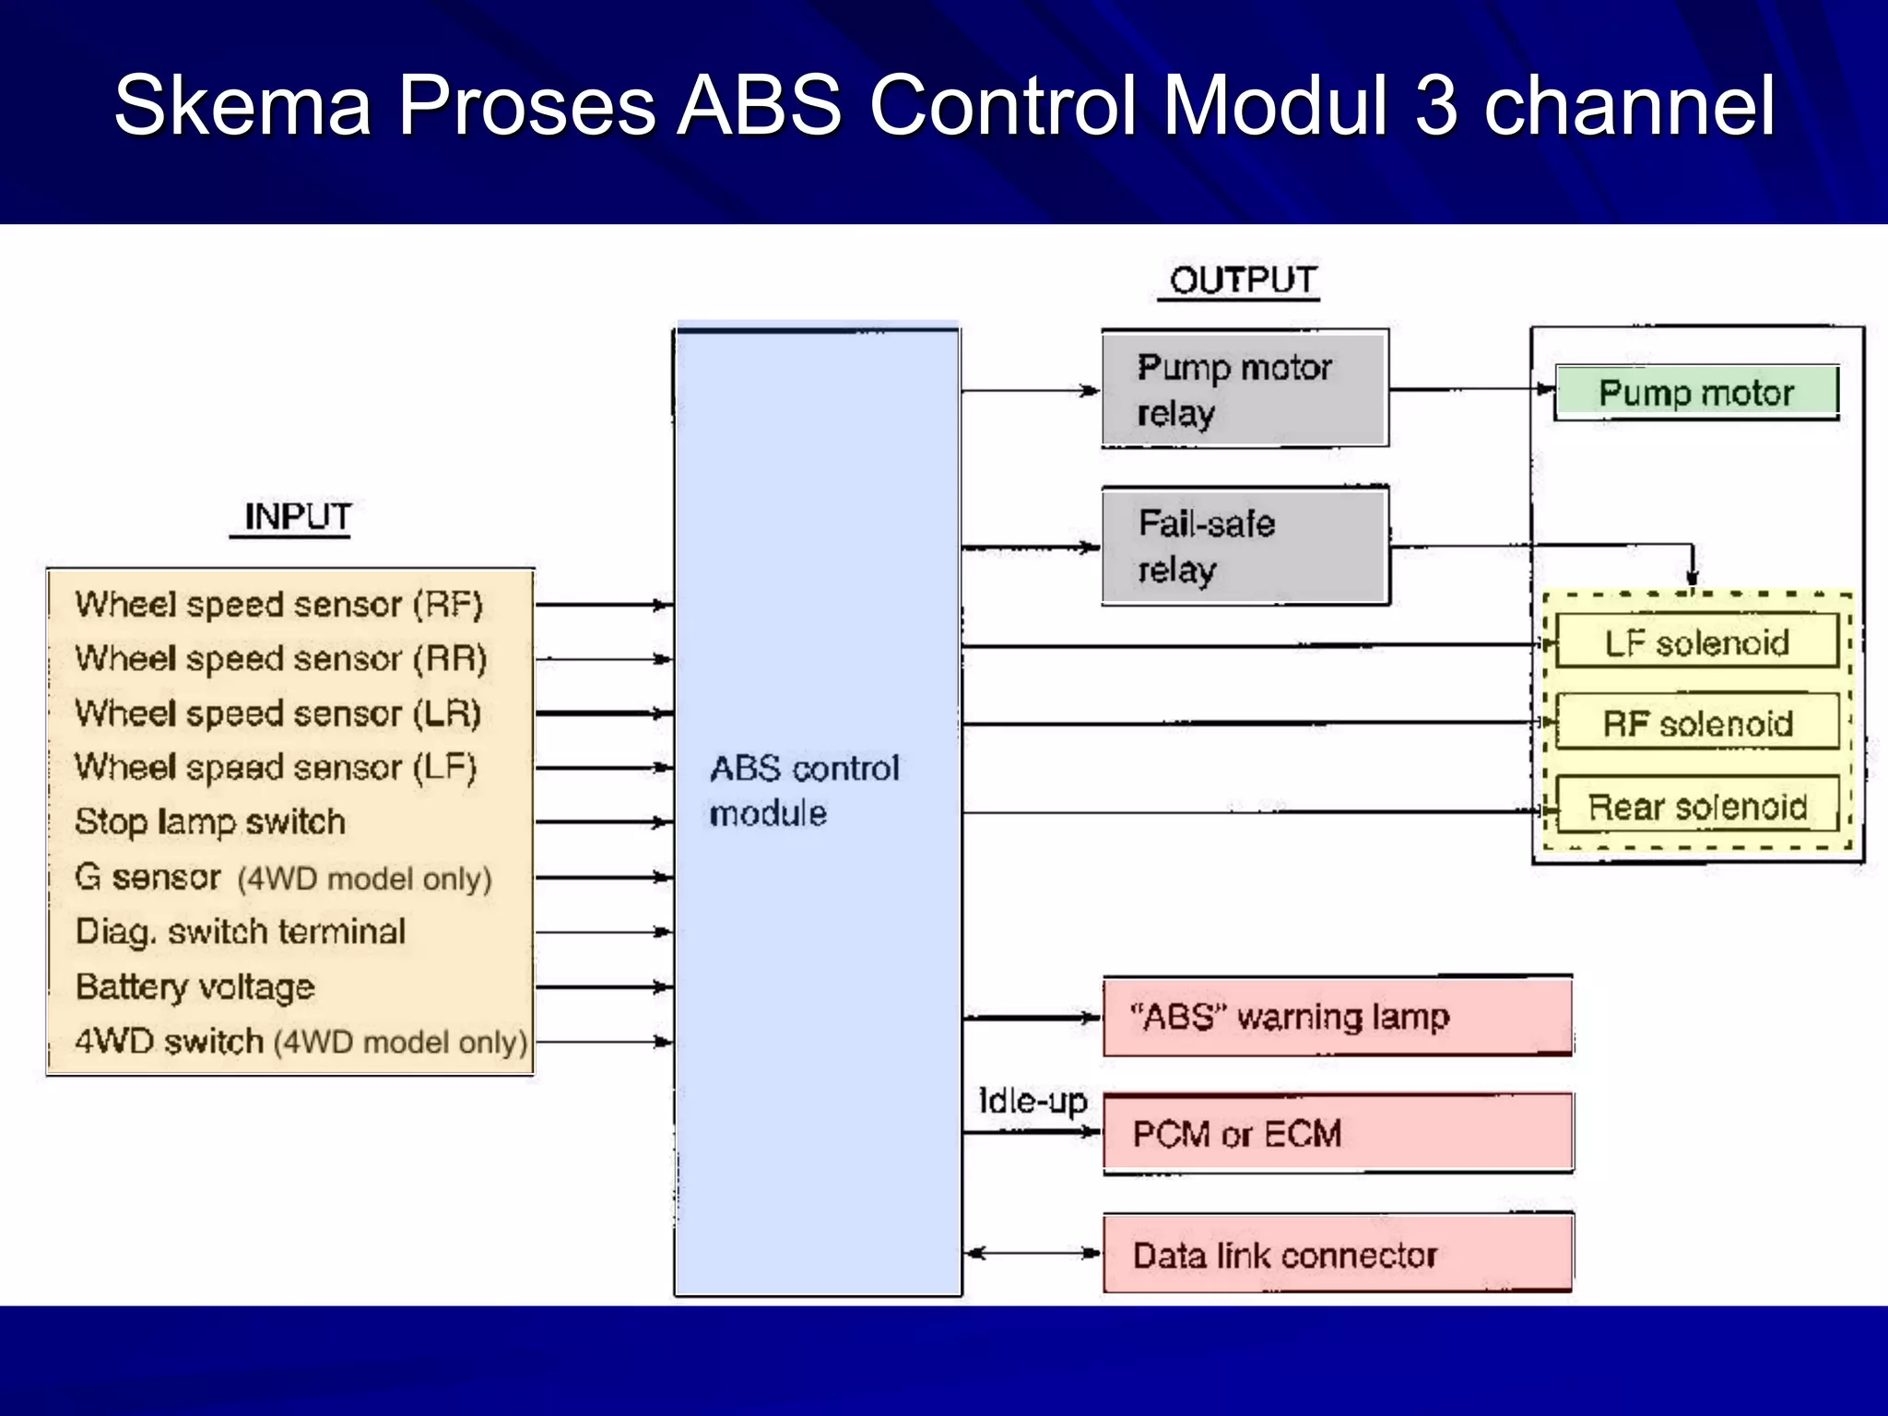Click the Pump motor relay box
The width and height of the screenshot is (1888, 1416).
tap(1245, 389)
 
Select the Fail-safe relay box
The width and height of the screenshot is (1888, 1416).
tap(1245, 546)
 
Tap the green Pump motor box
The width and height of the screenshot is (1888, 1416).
tap(1696, 393)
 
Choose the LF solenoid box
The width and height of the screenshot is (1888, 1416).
tap(1696, 643)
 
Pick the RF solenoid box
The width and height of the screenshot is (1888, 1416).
tap(1696, 724)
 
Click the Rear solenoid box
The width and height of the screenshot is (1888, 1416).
tap(1696, 807)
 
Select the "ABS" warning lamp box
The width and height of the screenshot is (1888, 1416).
tap(1337, 1017)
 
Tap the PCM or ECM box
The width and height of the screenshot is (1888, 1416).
tap(1337, 1134)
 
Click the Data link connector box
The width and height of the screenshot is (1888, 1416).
tap(1337, 1255)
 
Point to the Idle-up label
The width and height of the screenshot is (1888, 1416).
tap(1032, 1101)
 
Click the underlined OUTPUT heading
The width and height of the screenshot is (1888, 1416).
tap(1242, 280)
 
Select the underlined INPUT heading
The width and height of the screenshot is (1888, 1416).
tap(297, 516)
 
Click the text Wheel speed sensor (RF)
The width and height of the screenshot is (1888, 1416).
tap(278, 605)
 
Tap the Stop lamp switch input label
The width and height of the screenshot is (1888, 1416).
tap(210, 821)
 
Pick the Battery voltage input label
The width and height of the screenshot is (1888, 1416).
tap(195, 986)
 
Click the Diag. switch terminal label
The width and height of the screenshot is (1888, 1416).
tap(240, 931)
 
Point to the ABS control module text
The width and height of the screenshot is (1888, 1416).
tap(802, 790)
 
